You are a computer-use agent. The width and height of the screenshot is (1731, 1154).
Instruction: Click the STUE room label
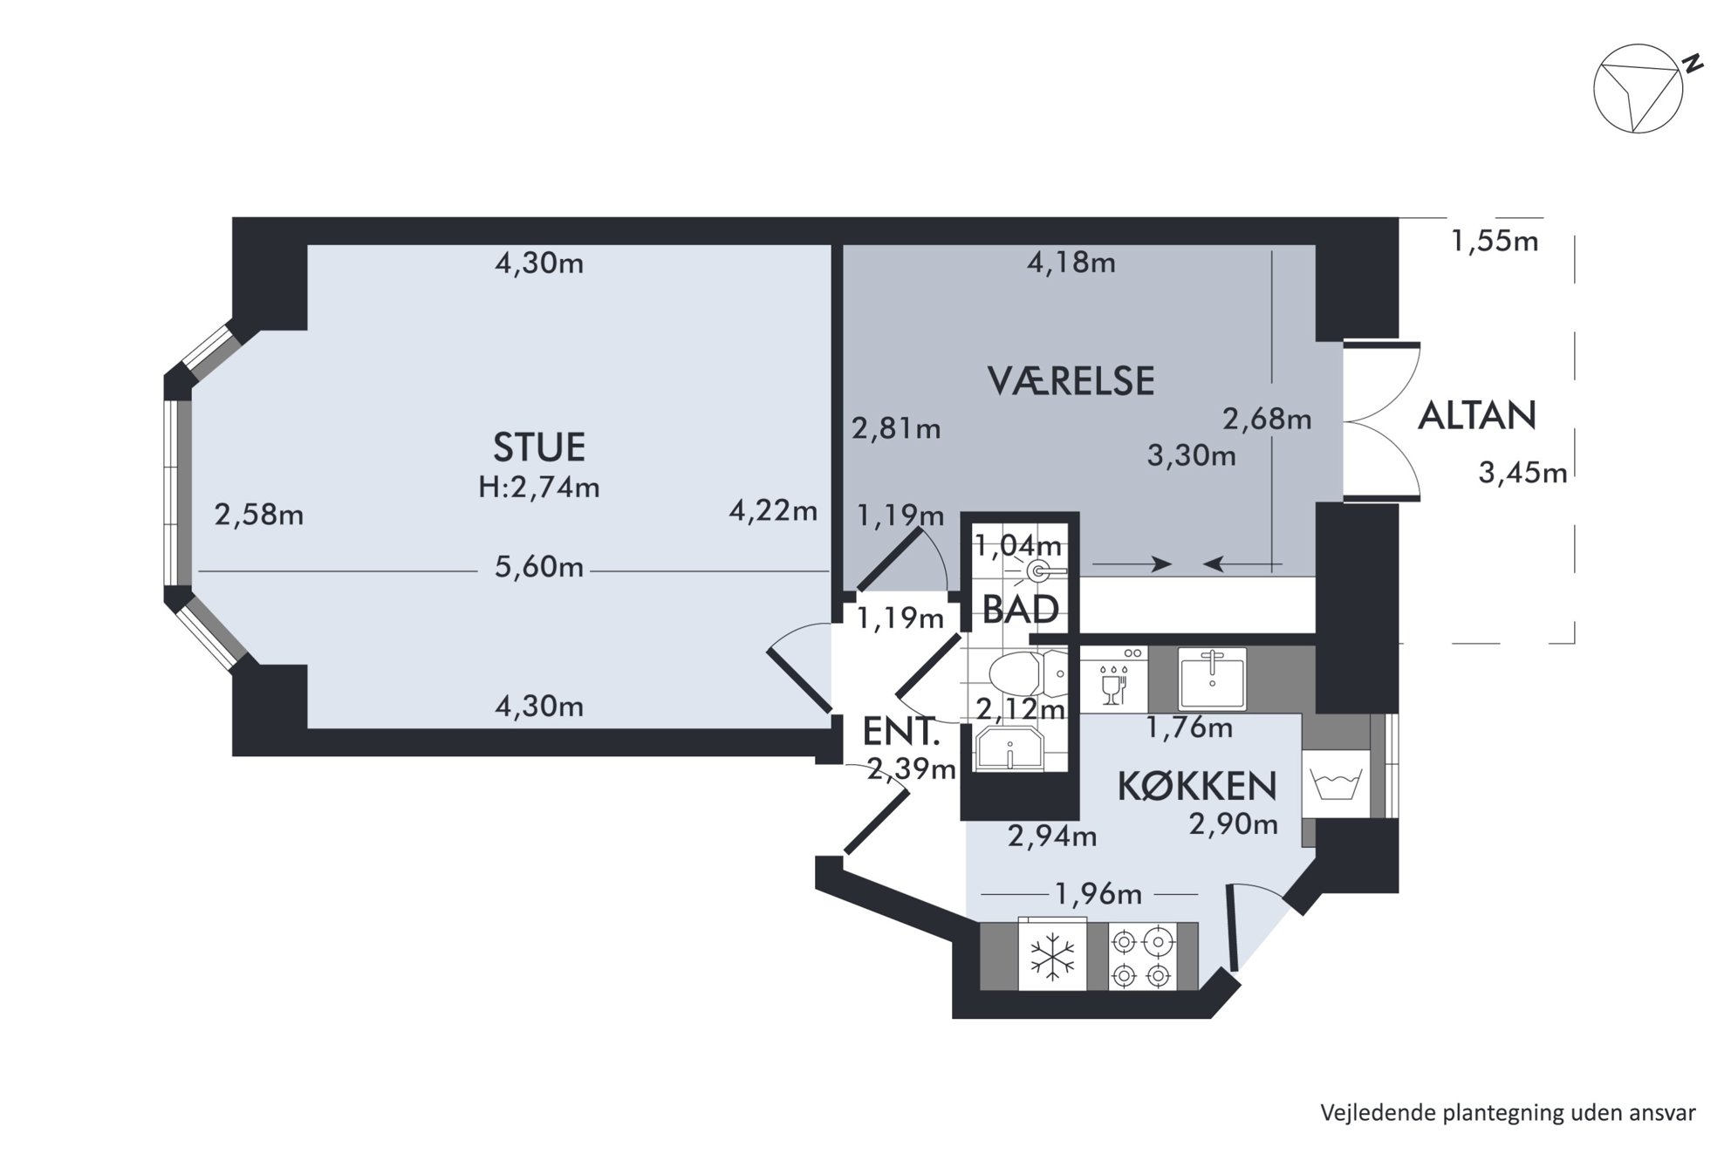tap(538, 447)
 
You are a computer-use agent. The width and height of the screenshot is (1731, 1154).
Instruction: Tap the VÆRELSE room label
tap(1071, 381)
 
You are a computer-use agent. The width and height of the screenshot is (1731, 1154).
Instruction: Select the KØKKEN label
tap(1197, 786)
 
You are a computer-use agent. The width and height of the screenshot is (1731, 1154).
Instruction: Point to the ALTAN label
tap(1476, 416)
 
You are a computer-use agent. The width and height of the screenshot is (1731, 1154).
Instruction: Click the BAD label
tap(1020, 610)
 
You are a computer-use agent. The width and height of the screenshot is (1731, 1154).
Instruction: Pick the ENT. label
tap(901, 732)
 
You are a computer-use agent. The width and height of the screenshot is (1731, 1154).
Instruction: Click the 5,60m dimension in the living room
tap(538, 567)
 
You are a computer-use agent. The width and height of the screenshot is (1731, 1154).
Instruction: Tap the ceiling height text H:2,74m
tap(538, 487)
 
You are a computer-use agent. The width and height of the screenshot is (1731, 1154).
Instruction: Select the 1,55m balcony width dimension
tap(1495, 241)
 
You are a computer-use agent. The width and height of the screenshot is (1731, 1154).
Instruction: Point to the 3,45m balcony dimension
tap(1522, 473)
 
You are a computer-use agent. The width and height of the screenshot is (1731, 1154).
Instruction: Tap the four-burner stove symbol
tap(1142, 957)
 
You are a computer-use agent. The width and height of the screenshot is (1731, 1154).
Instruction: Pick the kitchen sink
tap(1212, 678)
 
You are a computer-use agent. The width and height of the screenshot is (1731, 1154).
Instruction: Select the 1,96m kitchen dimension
tap(1098, 894)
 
